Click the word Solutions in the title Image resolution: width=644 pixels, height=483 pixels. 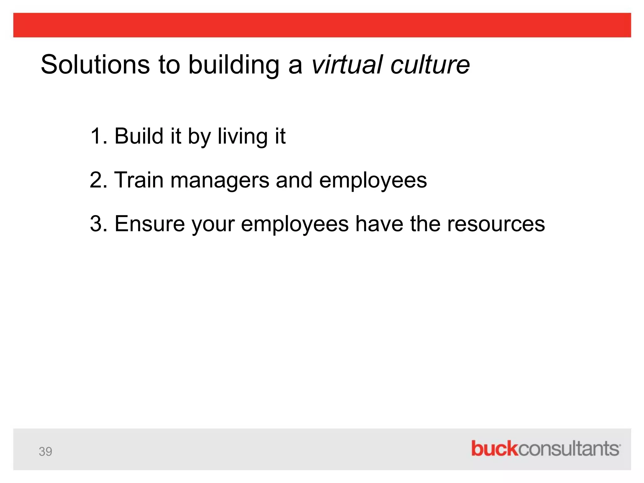tap(95, 65)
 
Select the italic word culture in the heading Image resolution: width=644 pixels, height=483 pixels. tap(430, 65)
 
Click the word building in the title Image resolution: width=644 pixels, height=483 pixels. tap(234, 65)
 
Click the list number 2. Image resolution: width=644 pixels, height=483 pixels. tap(97, 180)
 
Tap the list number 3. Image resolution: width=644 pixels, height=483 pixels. tap(97, 224)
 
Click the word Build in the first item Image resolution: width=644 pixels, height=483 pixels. tap(139, 136)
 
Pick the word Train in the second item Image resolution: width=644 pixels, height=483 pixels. tap(139, 180)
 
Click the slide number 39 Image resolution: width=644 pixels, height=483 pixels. tap(45, 452)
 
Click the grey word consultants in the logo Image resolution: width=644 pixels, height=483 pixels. tap(569, 449)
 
